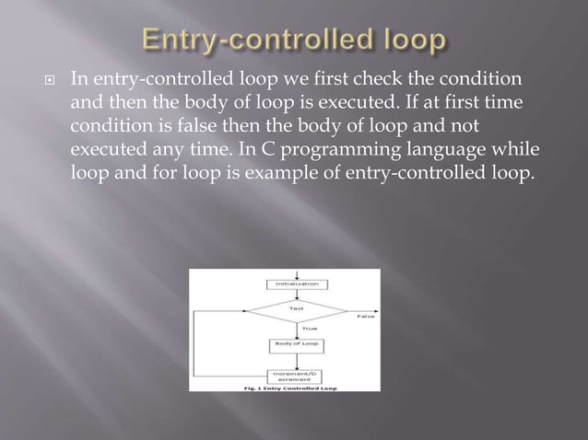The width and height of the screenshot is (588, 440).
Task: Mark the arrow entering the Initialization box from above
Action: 297,274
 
